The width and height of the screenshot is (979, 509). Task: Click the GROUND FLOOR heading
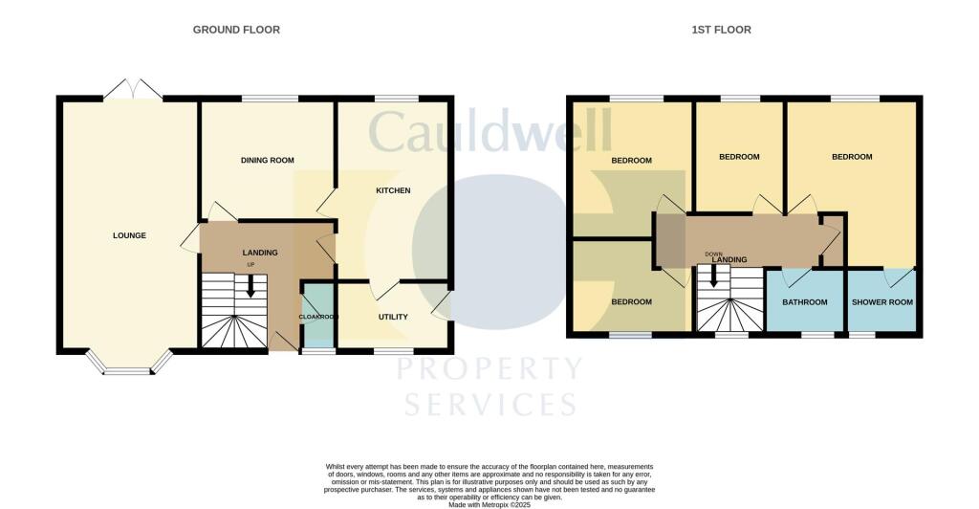tap(236, 30)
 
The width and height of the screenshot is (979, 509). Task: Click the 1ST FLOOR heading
tap(721, 30)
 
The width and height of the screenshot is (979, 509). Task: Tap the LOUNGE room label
tap(129, 235)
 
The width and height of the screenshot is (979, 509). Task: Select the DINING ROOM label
tap(267, 160)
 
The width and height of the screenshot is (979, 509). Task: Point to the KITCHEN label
tap(392, 190)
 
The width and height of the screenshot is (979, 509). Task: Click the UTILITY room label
tap(393, 317)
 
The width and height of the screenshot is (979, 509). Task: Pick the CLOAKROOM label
tap(318, 317)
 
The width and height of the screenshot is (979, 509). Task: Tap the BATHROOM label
tap(804, 302)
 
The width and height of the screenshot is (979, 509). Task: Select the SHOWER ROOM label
tap(882, 302)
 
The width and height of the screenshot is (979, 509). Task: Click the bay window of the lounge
tap(129, 365)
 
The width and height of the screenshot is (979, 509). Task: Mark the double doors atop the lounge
tap(132, 90)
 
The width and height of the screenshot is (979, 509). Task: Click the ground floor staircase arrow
tap(250, 286)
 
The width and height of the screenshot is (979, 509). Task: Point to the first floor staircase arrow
tap(712, 278)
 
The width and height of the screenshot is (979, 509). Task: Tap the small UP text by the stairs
tap(251, 265)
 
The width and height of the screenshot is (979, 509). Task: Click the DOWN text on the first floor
tap(713, 254)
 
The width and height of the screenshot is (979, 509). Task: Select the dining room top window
tap(269, 98)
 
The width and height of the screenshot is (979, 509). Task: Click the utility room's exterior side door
tap(441, 306)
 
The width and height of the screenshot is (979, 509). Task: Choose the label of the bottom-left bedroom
tap(631, 302)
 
